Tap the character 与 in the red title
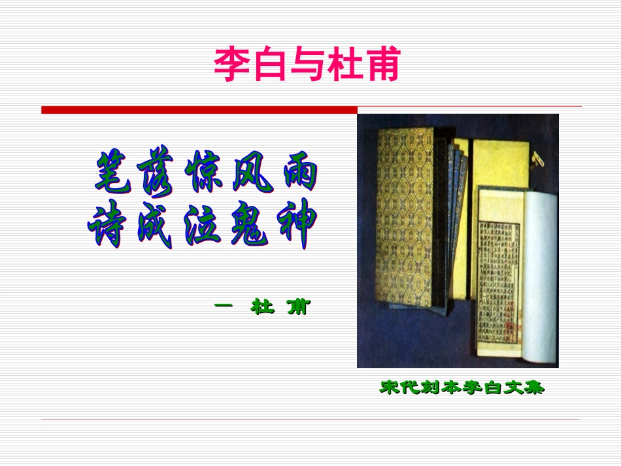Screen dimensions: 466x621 [x=306, y=64]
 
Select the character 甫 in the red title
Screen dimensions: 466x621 [x=380, y=64]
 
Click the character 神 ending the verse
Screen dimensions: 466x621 [x=294, y=227]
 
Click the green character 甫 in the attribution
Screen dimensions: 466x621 [x=297, y=307]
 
